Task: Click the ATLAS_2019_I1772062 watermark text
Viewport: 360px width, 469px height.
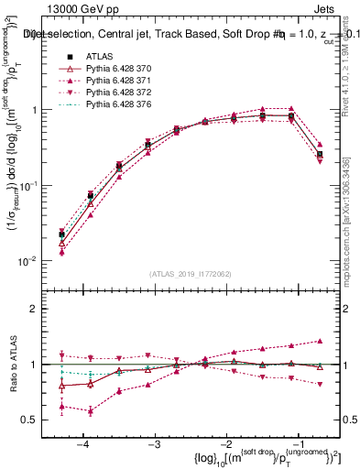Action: (x=191, y=274)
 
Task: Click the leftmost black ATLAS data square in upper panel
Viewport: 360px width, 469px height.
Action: (x=61, y=234)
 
